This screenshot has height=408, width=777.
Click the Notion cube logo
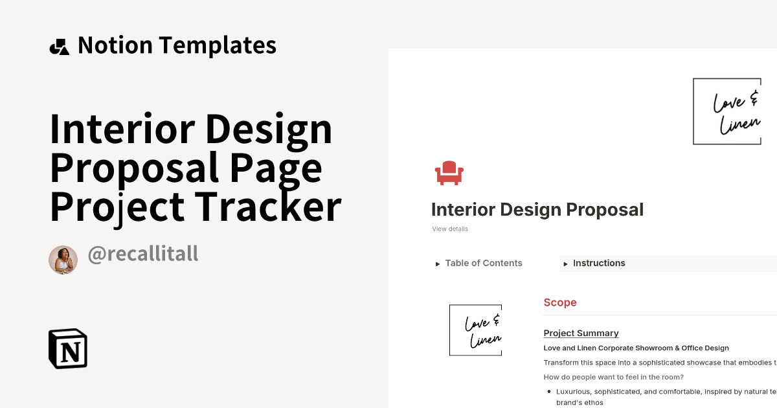coord(68,348)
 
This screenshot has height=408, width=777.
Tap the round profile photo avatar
coord(63,260)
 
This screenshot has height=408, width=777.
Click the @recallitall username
coord(142,255)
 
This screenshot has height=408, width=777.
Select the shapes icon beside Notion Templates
coord(59,47)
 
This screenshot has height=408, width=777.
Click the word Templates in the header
coord(218,45)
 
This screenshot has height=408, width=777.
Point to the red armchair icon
coord(449,173)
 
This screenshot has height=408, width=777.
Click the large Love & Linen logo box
coord(726,111)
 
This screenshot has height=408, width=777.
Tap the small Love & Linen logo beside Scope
coord(475,330)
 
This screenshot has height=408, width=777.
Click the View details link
coord(450,229)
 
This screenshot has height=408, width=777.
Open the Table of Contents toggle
coord(483,263)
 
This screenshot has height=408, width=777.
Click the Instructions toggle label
coord(599,263)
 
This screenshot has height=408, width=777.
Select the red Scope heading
coord(560,302)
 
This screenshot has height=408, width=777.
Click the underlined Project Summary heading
coord(581,333)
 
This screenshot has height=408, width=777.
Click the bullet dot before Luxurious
coord(548,392)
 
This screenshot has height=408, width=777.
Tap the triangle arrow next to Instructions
coord(565,264)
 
